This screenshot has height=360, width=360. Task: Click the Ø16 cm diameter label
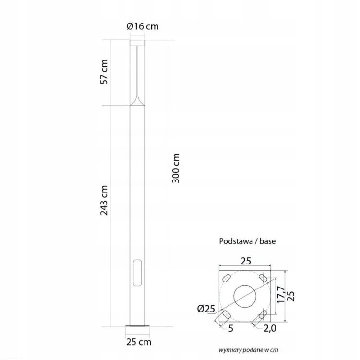143,26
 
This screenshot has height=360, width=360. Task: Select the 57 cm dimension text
104,72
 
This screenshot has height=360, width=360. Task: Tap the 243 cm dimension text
104,200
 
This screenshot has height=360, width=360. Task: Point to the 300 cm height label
176,168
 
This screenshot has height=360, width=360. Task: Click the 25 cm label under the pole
139,342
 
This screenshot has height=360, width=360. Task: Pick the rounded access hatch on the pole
137,273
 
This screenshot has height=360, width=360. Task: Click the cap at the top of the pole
137,43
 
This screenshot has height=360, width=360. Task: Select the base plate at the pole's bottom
137,326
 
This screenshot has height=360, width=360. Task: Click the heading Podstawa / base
247,241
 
